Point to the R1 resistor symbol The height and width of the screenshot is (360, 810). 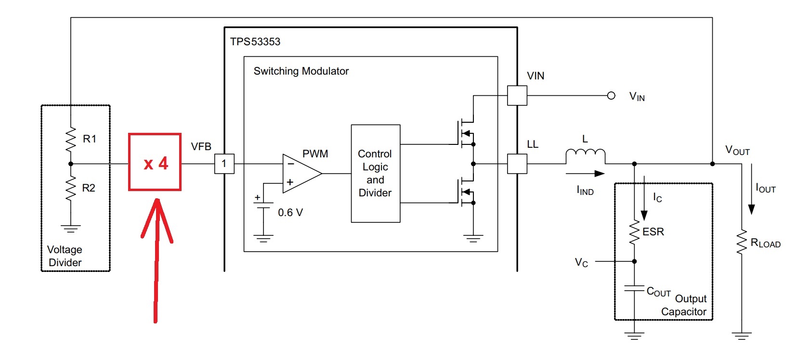pyautogui.click(x=70, y=140)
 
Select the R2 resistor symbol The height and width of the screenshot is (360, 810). pyautogui.click(x=70, y=188)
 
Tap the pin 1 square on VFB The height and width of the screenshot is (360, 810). pyautogui.click(x=224, y=164)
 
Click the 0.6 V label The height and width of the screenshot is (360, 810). pyautogui.click(x=290, y=213)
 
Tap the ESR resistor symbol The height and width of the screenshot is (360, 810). pyautogui.click(x=634, y=233)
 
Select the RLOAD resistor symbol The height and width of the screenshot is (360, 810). pyautogui.click(x=742, y=242)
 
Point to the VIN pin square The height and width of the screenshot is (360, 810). pyautogui.click(x=517, y=95)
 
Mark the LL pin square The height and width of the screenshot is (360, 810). pyautogui.click(x=517, y=164)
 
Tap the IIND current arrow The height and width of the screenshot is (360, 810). pyautogui.click(x=585, y=173)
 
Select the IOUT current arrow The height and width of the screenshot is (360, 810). pyautogui.click(x=751, y=189)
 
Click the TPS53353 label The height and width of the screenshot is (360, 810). pyautogui.click(x=255, y=42)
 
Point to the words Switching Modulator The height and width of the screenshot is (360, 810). pyautogui.click(x=301, y=71)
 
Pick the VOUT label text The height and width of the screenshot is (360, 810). pyautogui.click(x=738, y=150)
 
